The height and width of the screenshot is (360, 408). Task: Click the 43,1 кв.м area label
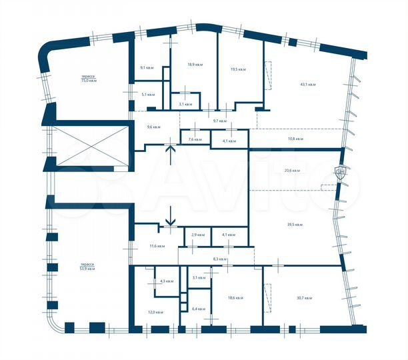point(308,85)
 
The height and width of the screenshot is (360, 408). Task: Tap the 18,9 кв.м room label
point(195,65)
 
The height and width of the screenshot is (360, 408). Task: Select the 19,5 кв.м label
point(238,69)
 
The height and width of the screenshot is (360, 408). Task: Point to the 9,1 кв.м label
point(147,67)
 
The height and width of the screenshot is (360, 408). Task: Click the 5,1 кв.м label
point(148,95)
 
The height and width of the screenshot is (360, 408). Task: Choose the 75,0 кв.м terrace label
point(88,79)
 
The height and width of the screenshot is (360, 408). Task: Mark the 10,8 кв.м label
point(295,139)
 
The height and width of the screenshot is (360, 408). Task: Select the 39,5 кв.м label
point(295,225)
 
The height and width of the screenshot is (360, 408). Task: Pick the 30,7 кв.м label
point(304,297)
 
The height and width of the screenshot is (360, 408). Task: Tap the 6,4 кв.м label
point(199,309)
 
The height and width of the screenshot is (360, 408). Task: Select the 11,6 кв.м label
point(157,247)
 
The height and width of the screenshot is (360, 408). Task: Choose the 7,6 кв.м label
point(195,139)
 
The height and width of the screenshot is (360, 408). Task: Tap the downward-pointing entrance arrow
point(171,215)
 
